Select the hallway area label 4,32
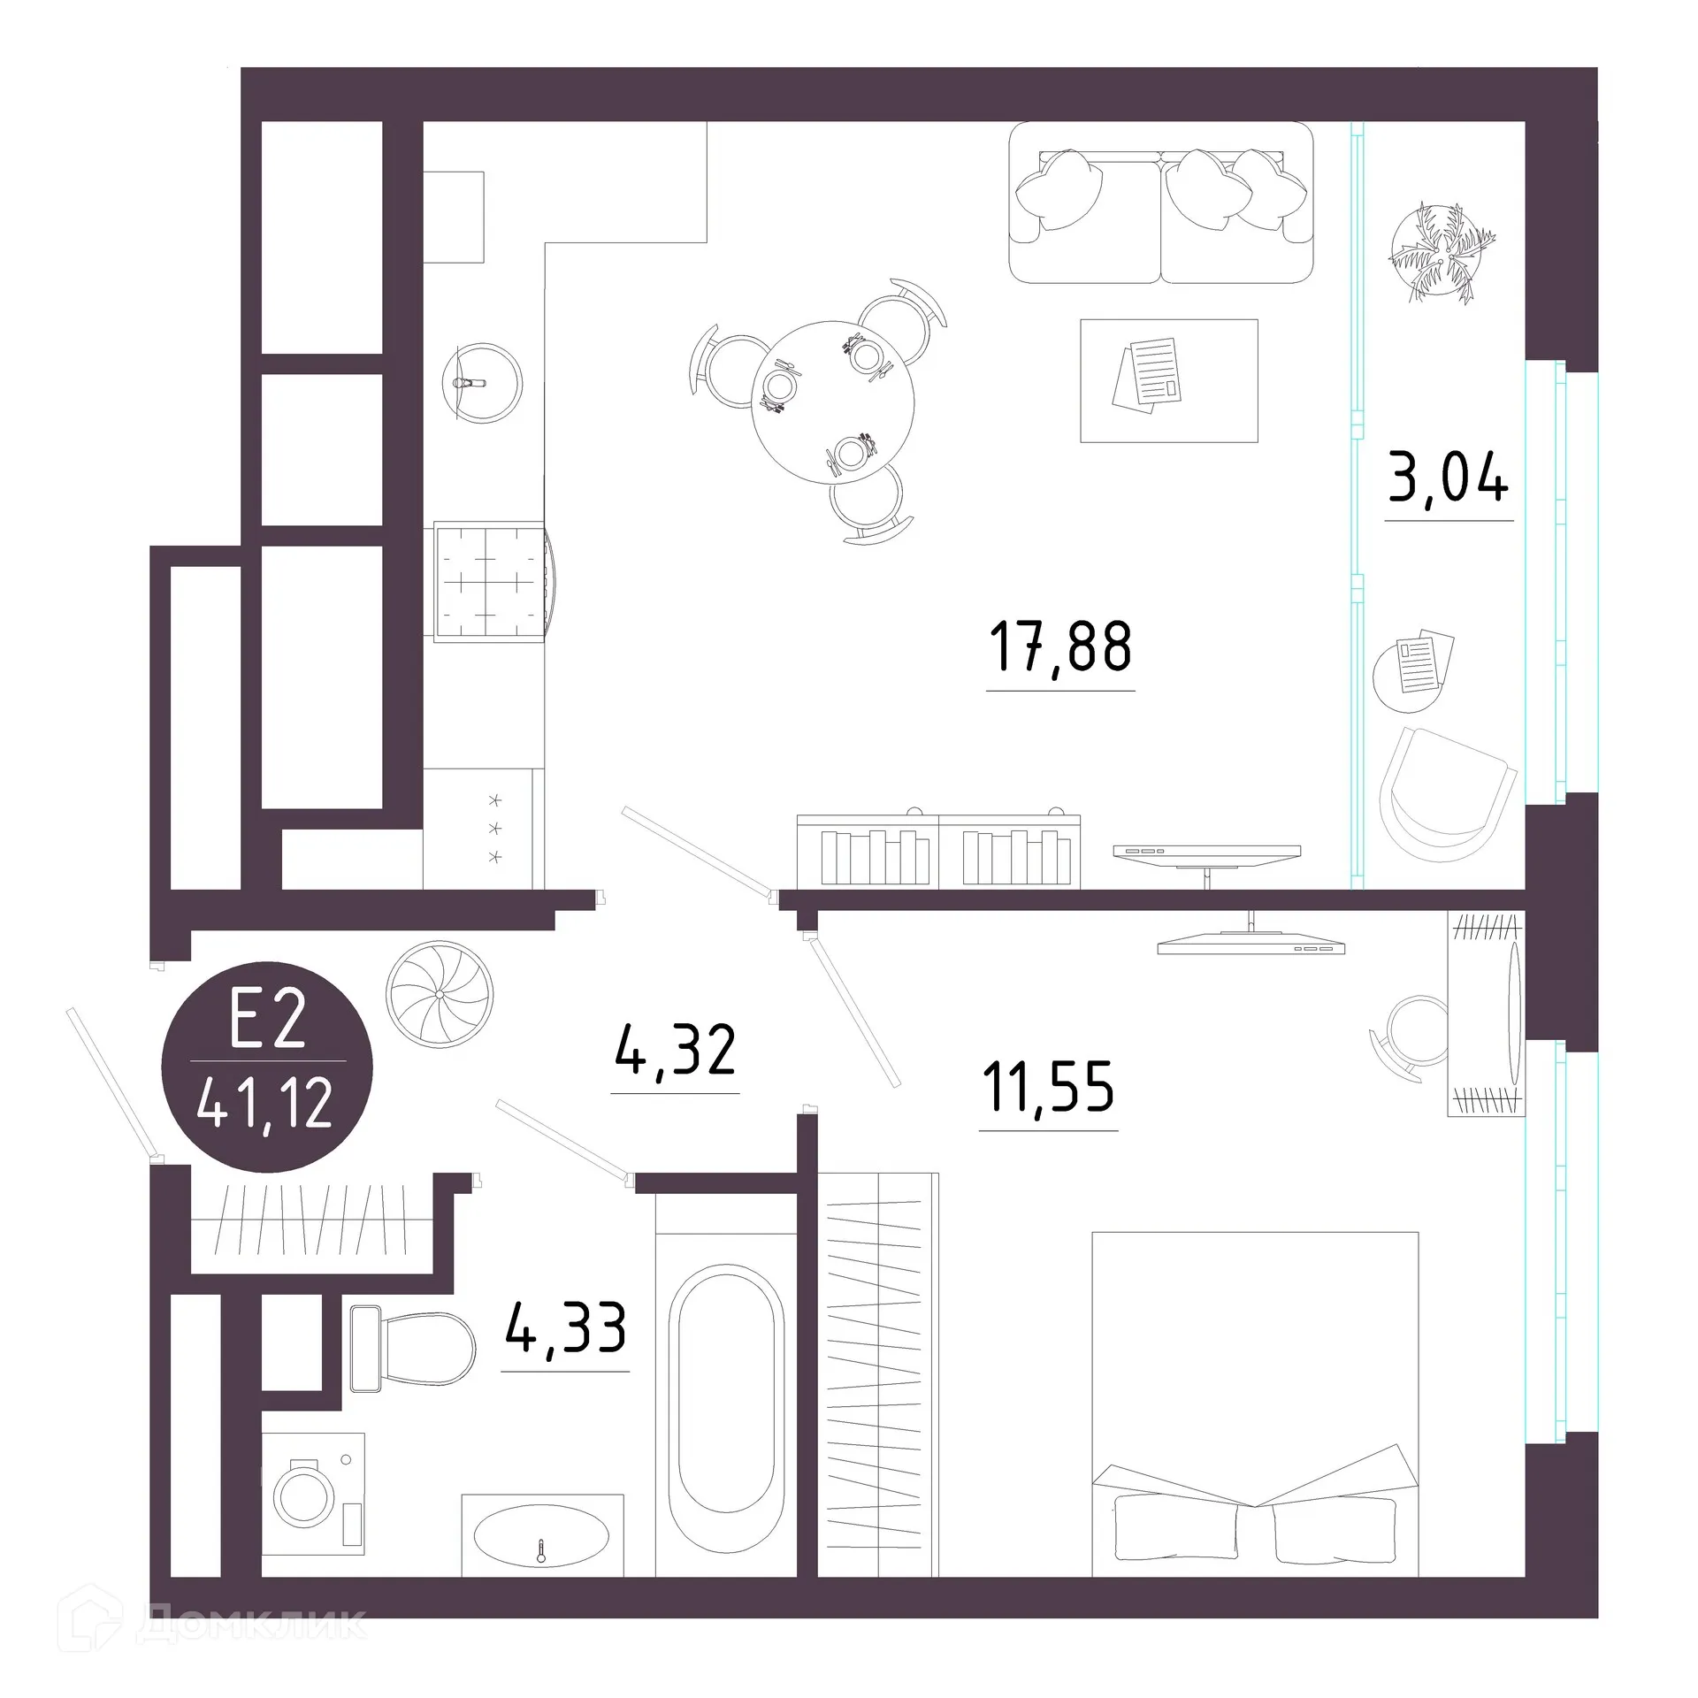[675, 1052]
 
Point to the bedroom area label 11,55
[1048, 1088]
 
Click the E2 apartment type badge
[266, 1067]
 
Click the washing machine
[313, 1493]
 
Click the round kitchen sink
[482, 384]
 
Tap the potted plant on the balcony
[1439, 252]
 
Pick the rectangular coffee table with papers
[1168, 381]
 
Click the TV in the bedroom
[1251, 944]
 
